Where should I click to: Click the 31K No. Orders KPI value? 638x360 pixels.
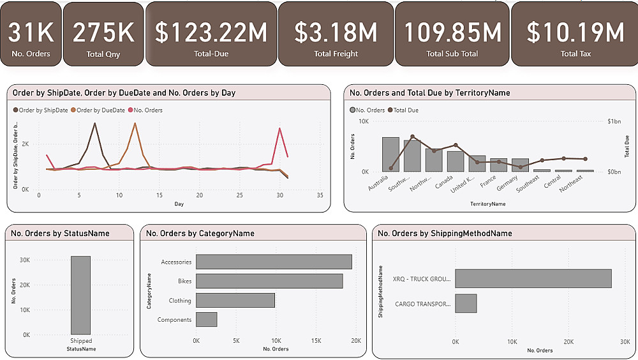click(31, 33)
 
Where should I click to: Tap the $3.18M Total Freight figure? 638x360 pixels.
click(336, 33)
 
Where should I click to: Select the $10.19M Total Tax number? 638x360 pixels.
click(575, 33)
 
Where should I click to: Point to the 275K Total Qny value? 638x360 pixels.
click(103, 33)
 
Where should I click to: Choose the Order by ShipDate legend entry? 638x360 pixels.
click(43, 110)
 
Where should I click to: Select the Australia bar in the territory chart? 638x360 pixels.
click(390, 154)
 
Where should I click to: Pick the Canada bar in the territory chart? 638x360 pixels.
click(456, 161)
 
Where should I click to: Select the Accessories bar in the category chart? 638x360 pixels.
click(274, 262)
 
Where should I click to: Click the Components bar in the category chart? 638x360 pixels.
click(207, 319)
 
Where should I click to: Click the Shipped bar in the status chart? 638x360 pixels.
click(80, 295)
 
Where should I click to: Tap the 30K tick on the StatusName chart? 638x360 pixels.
click(25, 260)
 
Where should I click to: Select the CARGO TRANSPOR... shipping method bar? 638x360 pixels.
click(466, 303)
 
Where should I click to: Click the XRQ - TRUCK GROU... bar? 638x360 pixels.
click(533, 278)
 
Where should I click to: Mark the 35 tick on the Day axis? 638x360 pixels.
click(320, 195)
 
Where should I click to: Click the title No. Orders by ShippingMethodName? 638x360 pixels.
click(445, 234)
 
